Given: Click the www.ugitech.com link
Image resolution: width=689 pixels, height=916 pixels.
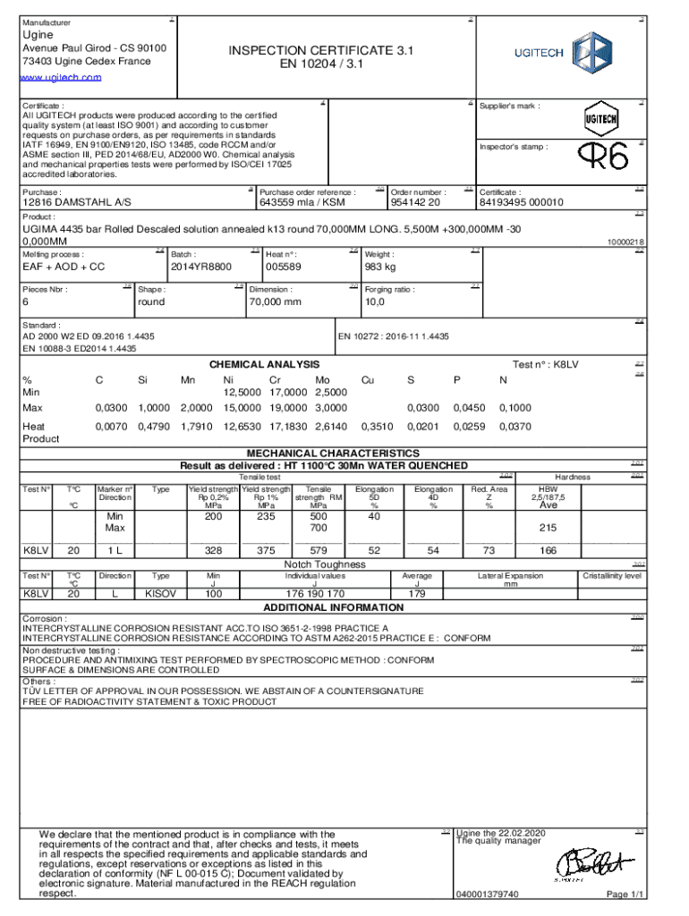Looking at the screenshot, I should point(62,78).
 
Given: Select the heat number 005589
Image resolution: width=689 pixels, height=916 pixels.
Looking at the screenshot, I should point(283,267).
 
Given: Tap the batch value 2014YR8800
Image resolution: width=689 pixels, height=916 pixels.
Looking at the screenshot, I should point(200,267).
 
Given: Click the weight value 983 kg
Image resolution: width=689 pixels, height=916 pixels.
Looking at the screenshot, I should point(382,267).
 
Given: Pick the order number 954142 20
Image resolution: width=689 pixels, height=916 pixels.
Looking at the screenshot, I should point(415,202).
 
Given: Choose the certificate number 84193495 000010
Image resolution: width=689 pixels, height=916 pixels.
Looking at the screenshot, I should point(522,202).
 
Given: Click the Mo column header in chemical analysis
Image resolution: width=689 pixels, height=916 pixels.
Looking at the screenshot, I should point(322,380).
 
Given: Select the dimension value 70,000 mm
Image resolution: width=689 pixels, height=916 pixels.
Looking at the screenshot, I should point(275,302).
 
